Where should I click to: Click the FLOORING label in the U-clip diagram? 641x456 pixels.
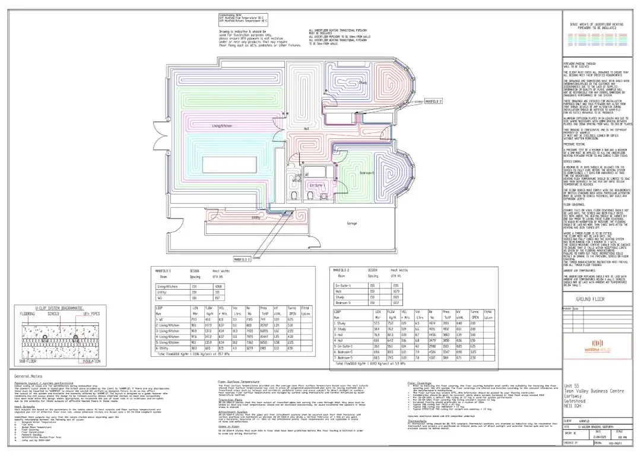coord(28,313)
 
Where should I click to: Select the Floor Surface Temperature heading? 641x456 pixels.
coord(239,384)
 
